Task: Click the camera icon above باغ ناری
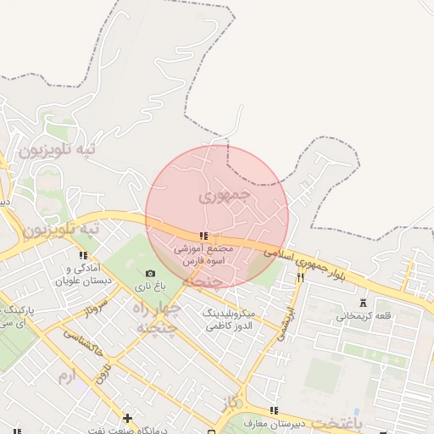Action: [150, 273]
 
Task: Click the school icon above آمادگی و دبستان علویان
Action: [83, 255]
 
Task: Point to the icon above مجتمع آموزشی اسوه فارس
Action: [203, 236]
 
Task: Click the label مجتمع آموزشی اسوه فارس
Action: [203, 256]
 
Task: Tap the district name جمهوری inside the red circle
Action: [225, 195]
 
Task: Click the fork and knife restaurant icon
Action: [300, 277]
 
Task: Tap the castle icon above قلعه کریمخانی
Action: [364, 303]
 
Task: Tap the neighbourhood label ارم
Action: [65, 374]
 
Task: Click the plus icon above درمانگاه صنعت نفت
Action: [127, 417]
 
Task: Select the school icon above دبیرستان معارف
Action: [272, 410]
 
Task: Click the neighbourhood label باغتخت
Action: [336, 421]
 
